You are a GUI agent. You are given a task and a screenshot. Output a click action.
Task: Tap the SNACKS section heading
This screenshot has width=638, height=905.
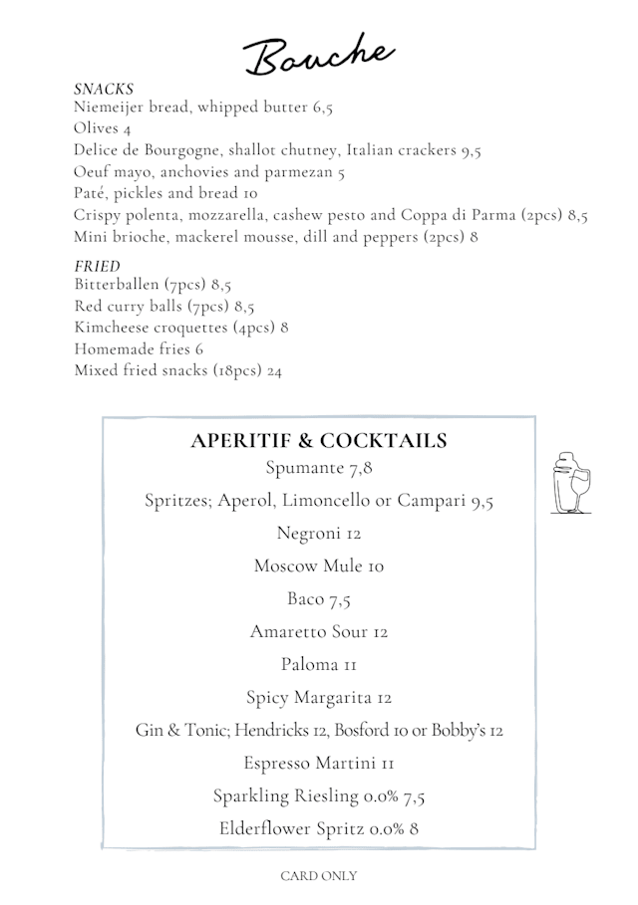(x=104, y=90)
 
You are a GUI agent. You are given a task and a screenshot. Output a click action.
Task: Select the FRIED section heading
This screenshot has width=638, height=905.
(x=97, y=266)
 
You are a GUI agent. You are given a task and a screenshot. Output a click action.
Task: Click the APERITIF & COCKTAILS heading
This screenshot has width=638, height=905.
(x=318, y=441)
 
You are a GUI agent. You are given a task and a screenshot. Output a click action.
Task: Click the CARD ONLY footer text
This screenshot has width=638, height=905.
(x=318, y=876)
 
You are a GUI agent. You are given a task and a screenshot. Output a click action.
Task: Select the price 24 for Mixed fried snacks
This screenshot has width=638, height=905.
(x=274, y=370)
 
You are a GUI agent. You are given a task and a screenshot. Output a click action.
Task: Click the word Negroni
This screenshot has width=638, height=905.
(x=306, y=533)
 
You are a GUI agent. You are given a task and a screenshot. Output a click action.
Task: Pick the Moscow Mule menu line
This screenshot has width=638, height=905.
(x=318, y=566)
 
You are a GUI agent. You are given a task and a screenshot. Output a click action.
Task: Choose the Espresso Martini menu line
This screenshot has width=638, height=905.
(x=319, y=763)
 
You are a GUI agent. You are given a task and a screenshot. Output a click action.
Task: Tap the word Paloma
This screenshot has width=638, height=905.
(x=308, y=664)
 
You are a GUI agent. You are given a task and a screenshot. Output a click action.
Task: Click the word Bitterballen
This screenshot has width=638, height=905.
(x=117, y=284)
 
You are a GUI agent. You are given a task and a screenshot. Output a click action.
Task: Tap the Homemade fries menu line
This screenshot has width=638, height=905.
(x=139, y=348)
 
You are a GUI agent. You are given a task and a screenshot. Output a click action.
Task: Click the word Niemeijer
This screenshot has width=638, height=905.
(x=110, y=108)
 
